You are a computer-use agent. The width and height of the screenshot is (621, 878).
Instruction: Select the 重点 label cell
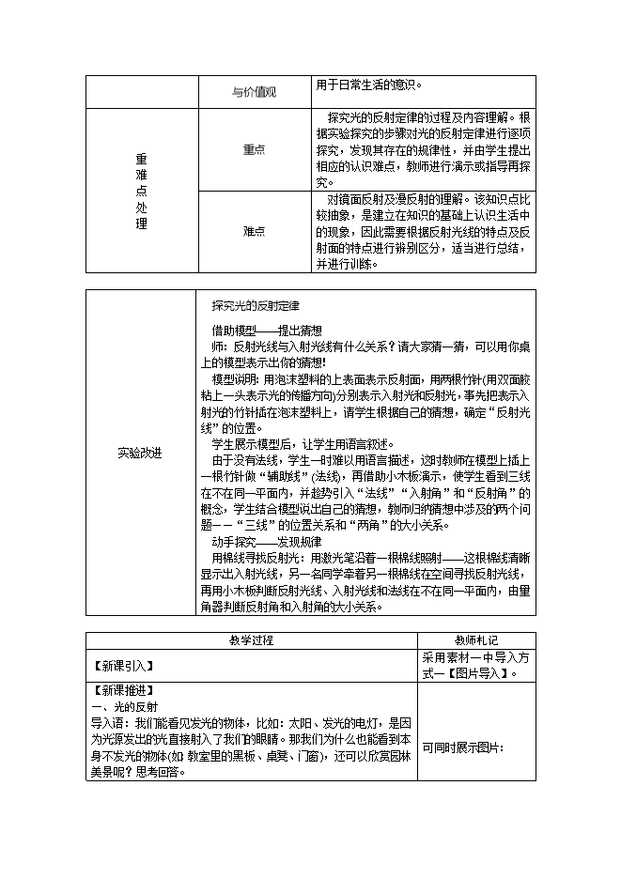coord(254,148)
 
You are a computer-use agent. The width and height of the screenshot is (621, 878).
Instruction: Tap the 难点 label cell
coord(254,231)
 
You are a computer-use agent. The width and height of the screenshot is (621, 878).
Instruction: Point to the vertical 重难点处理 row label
coord(141,191)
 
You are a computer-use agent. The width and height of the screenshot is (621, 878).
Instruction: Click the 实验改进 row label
coord(140,452)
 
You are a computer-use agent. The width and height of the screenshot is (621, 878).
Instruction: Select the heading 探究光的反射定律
coord(256,305)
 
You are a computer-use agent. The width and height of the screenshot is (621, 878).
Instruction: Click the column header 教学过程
coord(251,639)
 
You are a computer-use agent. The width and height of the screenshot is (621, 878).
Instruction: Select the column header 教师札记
coord(476,639)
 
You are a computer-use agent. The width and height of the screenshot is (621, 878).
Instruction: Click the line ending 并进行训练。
coord(347,264)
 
